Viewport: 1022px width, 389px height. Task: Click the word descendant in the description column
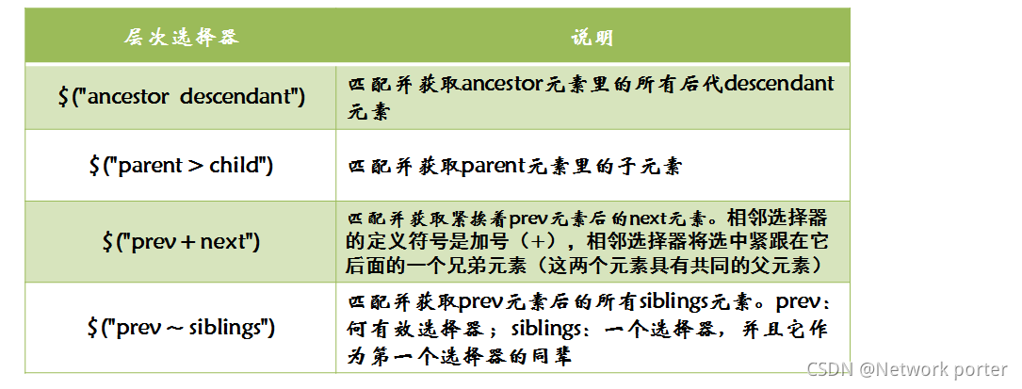tap(778, 84)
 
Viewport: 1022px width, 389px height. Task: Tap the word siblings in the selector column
tap(229, 328)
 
